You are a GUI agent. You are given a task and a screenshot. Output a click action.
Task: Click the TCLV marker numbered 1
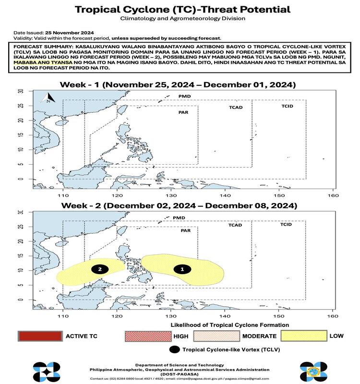[x=181, y=269]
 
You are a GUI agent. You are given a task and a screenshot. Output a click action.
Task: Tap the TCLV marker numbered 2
[x=99, y=269]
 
